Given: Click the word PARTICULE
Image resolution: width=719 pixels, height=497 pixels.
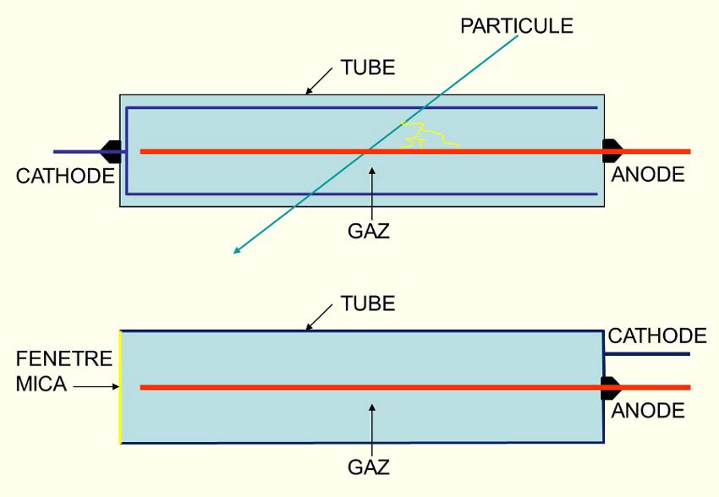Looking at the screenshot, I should pyautogui.click(x=516, y=26).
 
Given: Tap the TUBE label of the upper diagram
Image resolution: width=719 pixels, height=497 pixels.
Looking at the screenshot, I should pyautogui.click(x=367, y=68).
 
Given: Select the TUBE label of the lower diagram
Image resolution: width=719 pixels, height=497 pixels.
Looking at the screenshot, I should pyautogui.click(x=367, y=303).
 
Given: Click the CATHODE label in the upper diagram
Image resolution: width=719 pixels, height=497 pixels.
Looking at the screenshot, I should pyautogui.click(x=64, y=176).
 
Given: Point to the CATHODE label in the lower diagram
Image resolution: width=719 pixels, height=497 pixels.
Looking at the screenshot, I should pyautogui.click(x=656, y=336).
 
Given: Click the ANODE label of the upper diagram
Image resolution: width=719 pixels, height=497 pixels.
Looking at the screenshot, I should pyautogui.click(x=648, y=175).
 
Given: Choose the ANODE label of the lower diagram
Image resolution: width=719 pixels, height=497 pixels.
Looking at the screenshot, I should pyautogui.click(x=648, y=411).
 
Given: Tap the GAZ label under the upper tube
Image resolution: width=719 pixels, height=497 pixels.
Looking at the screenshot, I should pyautogui.click(x=369, y=230).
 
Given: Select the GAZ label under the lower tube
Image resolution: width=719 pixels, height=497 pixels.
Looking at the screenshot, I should pyautogui.click(x=369, y=467).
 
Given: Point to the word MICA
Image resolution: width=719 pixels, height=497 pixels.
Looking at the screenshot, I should pyautogui.click(x=40, y=385).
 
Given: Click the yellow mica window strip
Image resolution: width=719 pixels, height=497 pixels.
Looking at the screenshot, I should pyautogui.click(x=120, y=387).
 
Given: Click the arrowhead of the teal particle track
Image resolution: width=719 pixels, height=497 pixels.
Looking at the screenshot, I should pyautogui.click(x=239, y=249).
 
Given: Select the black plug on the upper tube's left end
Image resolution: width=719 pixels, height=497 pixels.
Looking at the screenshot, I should pyautogui.click(x=111, y=152).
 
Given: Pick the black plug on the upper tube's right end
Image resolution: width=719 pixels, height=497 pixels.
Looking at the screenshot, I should pyautogui.click(x=612, y=151).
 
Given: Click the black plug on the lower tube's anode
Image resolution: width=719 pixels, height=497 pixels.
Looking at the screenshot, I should pyautogui.click(x=611, y=388).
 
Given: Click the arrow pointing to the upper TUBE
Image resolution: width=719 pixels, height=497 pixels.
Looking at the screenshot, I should pyautogui.click(x=318, y=81).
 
